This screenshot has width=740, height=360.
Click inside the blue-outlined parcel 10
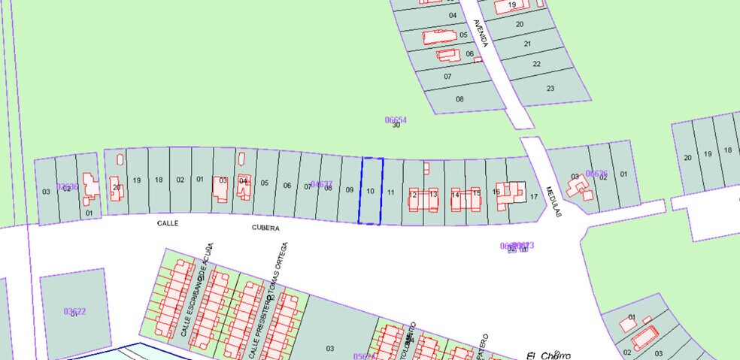coord(370,191)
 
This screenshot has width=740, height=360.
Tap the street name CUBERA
coord(265,228)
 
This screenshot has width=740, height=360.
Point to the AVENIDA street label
coord(480,34)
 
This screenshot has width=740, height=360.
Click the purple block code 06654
coord(396,119)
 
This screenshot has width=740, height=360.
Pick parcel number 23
coord(550,89)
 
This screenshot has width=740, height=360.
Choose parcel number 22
coord(536,64)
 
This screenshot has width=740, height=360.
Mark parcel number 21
coord(527,44)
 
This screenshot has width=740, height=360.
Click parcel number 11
coord(391,192)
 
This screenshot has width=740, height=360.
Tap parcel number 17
coord(534,197)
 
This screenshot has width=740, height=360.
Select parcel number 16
coord(496,192)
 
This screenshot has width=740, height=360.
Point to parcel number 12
coord(413,195)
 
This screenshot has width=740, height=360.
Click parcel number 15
coord(476,194)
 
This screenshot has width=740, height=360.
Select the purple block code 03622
coord(74,311)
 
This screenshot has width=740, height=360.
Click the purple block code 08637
coord(321,184)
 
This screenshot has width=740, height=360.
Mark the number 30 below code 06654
coord(396,126)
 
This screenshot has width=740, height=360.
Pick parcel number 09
coord(350,189)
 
